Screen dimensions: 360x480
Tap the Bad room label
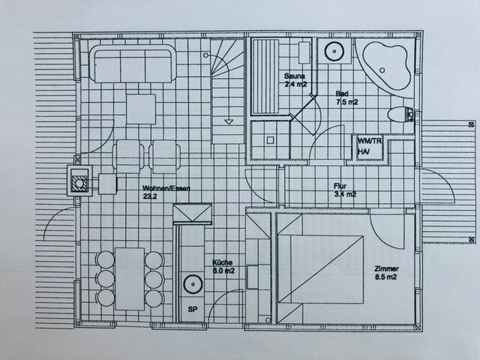(342, 94)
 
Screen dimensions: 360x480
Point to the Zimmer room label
(387, 269)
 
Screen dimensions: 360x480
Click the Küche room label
(222, 262)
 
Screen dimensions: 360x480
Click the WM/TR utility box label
(369, 141)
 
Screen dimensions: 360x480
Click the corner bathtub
(383, 64)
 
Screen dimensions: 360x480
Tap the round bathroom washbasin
(332, 52)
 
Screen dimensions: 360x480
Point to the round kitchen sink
(193, 285)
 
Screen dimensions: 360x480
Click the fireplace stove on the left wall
(79, 181)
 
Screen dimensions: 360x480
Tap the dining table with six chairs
(130, 278)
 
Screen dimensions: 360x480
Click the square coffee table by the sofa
(141, 109)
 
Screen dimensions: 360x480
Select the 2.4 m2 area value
(296, 85)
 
